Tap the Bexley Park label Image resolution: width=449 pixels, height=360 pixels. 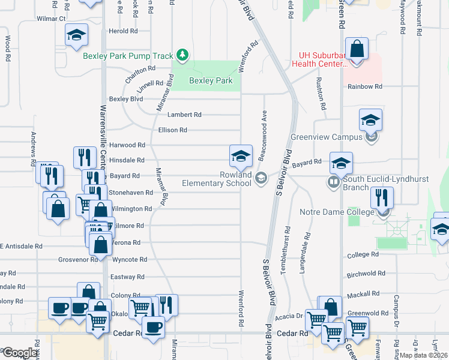point(210,80)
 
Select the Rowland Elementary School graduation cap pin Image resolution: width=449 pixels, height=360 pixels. point(240,157)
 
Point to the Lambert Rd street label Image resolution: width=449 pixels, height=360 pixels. point(184,115)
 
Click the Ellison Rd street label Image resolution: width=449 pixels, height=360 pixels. point(172,130)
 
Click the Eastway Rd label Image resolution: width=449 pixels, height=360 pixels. point(127,277)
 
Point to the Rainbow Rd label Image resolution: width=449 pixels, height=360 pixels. point(365,87)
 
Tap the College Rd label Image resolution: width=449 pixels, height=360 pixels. point(362,254)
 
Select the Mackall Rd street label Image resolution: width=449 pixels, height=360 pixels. point(363,294)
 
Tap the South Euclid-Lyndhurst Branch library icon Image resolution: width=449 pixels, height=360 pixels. point(333,181)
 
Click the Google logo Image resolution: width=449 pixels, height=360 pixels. point(20,352)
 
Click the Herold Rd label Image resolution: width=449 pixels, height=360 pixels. point(122,31)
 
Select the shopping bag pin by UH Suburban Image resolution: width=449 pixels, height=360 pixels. point(357,50)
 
